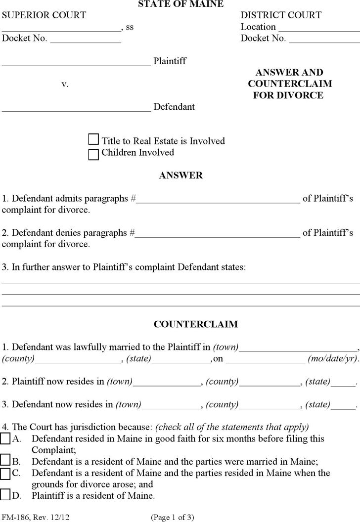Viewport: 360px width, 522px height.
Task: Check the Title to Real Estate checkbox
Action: pos(93,140)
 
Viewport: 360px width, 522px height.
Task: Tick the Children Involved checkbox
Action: pos(93,154)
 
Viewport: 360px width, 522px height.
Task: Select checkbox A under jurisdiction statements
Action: pos(5,438)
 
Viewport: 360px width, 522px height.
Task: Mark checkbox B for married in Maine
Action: pos(5,461)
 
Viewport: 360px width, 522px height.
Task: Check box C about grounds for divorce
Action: pos(5,474)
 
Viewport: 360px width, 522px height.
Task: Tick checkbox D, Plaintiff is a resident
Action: pos(5,495)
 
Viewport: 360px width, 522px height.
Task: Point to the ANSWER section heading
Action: pos(180,175)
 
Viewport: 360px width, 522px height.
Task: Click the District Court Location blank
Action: pos(318,28)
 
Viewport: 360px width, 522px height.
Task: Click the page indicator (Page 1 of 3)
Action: pos(173,517)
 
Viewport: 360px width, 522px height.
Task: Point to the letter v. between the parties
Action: pos(65,85)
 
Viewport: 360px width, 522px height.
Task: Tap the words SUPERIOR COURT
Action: pos(44,15)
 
